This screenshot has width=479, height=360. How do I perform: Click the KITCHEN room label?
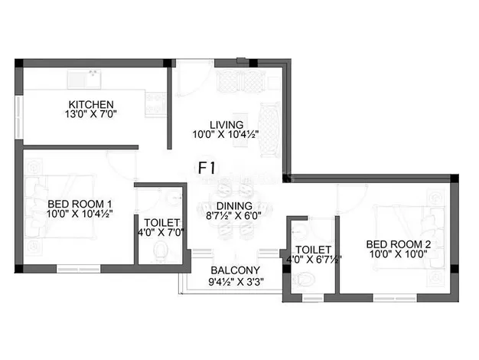[91, 105]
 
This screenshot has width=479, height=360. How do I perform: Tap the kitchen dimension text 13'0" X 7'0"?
[91, 114]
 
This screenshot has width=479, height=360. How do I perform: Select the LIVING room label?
[226, 125]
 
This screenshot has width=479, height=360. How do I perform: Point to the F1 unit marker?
[207, 168]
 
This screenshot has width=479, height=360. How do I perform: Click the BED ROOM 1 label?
[80, 204]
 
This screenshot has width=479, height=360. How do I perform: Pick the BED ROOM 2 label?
[399, 244]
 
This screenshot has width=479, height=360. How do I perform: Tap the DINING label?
[234, 206]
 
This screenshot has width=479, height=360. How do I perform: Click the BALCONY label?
[235, 270]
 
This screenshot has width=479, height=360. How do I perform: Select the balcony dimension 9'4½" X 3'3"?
[236, 281]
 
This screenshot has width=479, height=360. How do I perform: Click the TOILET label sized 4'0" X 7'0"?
[161, 222]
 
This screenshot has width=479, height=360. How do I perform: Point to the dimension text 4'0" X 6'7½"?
[314, 260]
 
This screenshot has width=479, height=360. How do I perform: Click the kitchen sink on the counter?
[84, 80]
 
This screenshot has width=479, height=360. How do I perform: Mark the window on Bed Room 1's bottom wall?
[79, 269]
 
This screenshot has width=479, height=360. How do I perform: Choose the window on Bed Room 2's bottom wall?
[395, 298]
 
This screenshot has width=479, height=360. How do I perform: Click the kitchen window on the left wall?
[19, 117]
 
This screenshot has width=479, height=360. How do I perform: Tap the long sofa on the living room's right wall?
[269, 130]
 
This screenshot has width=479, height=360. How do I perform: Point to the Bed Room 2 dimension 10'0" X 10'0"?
[399, 254]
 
